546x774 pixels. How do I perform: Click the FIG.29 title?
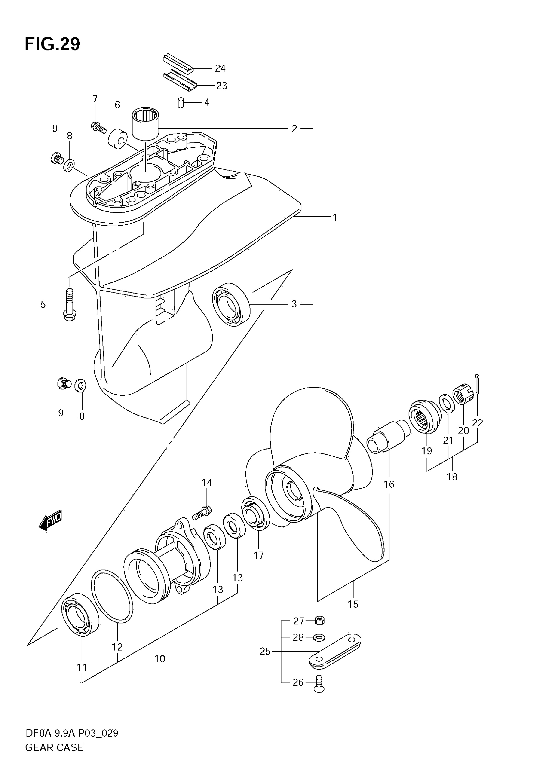[x=53, y=44]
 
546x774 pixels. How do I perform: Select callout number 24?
[x=220, y=68]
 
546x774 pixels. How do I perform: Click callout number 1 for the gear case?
[x=335, y=217]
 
